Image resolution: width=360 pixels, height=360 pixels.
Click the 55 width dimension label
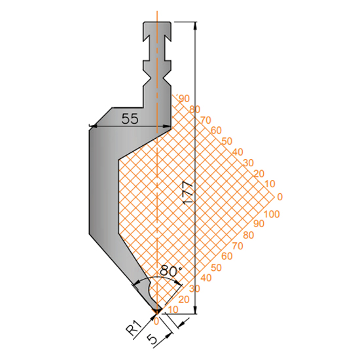pos(130,119)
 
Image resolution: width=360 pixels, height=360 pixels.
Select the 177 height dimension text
pos(188,192)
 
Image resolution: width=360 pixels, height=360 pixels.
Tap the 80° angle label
pos(171,271)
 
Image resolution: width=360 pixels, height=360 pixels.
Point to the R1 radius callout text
pos(134,329)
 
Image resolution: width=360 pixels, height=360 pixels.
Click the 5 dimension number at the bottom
pos(153,340)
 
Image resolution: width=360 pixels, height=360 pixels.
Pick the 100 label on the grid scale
pos(272,214)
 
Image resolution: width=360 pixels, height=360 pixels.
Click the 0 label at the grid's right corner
pos(279,197)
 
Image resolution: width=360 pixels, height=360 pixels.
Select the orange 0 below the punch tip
pos(156,321)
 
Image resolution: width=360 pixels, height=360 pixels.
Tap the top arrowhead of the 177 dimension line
pos(196,26)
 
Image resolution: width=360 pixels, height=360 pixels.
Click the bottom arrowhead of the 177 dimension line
pos(196,310)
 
